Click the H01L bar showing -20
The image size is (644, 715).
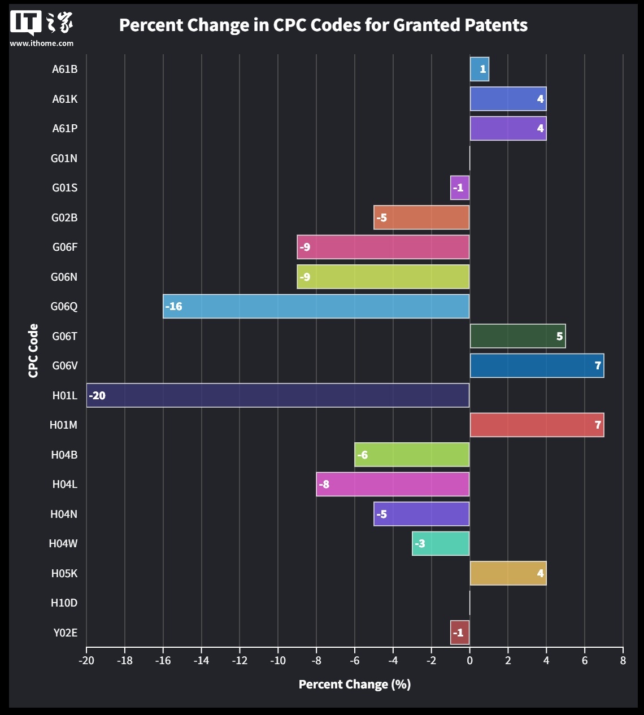point(277,395)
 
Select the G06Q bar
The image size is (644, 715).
point(316,306)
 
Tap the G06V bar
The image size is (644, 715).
point(537,365)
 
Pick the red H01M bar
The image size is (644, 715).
point(537,425)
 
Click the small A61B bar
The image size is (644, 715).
point(479,69)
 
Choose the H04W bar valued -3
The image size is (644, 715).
point(441,543)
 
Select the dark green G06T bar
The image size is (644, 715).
point(517,336)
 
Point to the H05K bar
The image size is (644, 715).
point(508,573)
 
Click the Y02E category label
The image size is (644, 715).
point(65,633)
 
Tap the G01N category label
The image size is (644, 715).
point(64,158)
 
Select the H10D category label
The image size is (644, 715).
point(64,603)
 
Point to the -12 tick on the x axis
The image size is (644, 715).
point(240,661)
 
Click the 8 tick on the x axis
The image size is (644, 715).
point(623,661)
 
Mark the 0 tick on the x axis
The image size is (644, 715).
point(469,661)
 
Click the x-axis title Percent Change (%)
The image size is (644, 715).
point(354,685)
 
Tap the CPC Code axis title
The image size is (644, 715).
point(33,350)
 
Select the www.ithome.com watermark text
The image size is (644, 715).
point(41,43)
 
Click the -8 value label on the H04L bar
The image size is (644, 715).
point(324,485)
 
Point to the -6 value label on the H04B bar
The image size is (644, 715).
point(363,455)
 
